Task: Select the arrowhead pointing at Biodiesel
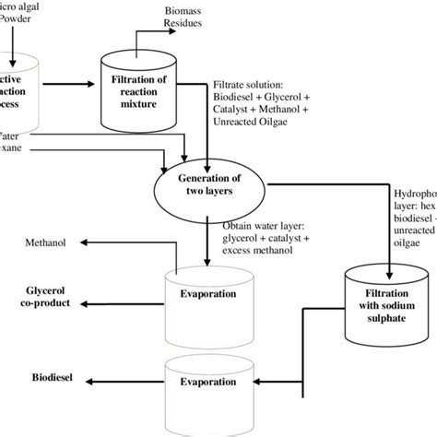pos(85,378)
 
